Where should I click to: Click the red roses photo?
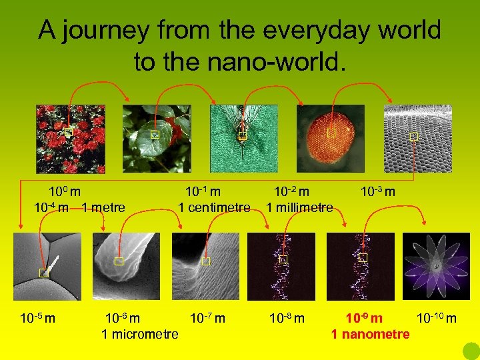pos(70,139)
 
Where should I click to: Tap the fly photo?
pos(243,139)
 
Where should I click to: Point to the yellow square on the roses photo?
pos(68,133)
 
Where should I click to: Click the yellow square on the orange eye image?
pos(331,134)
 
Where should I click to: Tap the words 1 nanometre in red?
pos(371,334)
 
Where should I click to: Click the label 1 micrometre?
pos(139,334)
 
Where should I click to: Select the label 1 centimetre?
pos(214,207)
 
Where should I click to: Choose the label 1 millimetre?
pos(299,207)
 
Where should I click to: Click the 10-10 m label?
pos(437,318)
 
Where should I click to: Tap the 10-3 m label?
pos(378,192)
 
